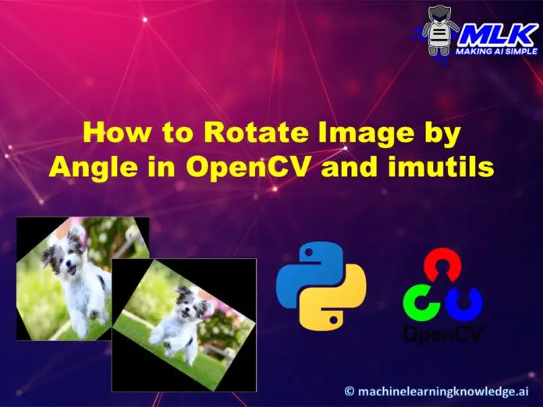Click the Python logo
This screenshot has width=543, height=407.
click(321, 286)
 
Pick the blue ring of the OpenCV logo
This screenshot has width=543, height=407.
click(464, 303)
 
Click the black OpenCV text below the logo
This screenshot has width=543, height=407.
click(443, 334)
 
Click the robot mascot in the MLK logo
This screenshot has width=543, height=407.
click(438, 31)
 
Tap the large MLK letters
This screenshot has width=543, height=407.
click(496, 35)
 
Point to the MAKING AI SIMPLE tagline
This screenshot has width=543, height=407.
click(497, 51)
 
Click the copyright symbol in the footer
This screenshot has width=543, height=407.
click(350, 391)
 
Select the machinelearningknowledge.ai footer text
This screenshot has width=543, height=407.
click(443, 391)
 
